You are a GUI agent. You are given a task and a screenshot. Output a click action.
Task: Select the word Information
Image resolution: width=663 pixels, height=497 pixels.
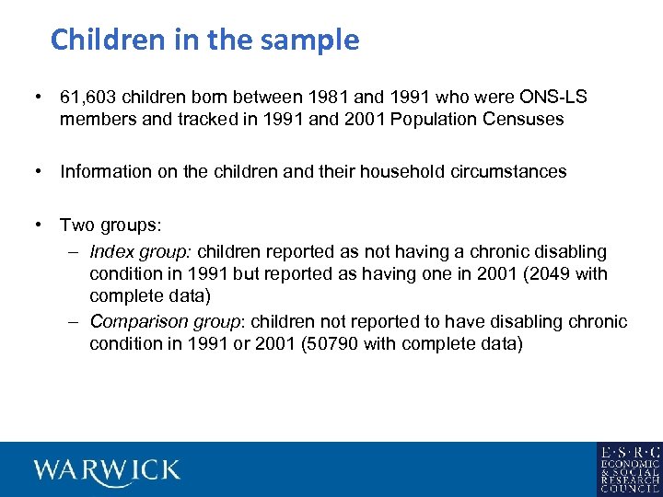[x=103, y=171]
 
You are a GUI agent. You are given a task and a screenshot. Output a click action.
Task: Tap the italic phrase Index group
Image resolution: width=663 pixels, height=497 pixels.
[x=141, y=251]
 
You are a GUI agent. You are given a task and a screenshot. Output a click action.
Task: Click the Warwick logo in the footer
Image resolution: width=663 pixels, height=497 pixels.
[x=107, y=469]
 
